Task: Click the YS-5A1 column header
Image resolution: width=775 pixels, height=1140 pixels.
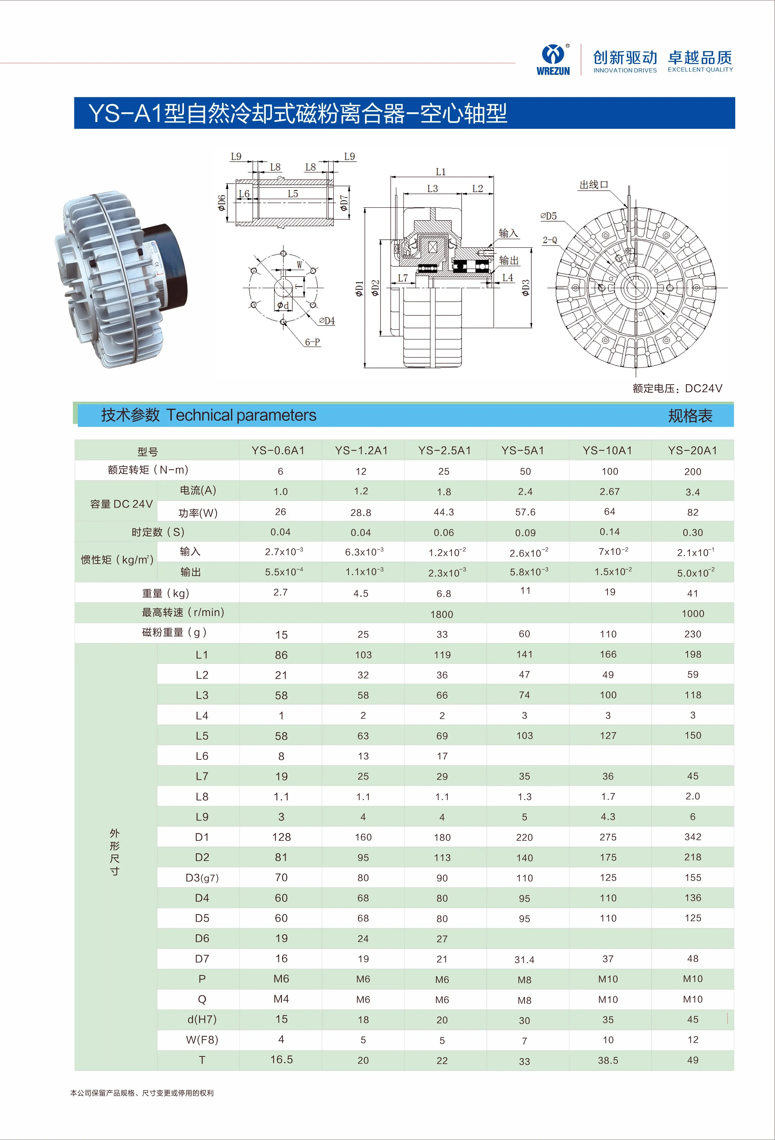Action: [523, 450]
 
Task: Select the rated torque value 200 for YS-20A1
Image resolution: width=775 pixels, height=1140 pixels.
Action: [692, 471]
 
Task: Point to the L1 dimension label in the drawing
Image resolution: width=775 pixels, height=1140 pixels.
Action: [440, 172]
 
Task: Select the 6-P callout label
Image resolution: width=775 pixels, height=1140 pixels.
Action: [312, 342]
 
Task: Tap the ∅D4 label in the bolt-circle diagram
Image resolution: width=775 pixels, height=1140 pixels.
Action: [327, 321]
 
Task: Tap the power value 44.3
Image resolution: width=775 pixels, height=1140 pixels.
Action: [443, 512]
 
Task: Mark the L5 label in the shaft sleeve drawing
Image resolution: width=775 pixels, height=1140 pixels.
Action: [293, 194]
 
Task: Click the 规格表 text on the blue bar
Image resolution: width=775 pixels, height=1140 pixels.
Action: [690, 416]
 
